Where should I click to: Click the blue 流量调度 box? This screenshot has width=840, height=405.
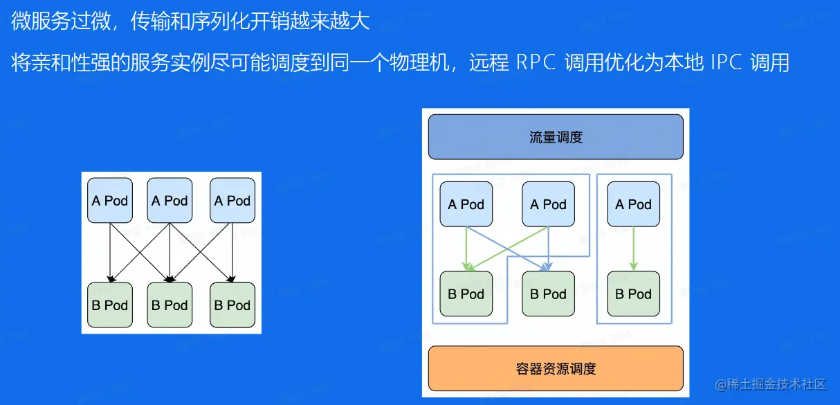(x=556, y=137)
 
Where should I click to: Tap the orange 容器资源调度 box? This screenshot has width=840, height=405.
(x=556, y=368)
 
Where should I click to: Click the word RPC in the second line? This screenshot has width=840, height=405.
(x=536, y=62)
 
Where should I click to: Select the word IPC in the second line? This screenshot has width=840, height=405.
(x=727, y=62)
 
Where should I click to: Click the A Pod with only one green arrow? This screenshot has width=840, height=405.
(x=633, y=204)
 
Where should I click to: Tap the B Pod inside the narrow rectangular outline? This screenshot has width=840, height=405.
(x=633, y=294)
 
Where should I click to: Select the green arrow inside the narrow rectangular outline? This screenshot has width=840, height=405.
(x=633, y=249)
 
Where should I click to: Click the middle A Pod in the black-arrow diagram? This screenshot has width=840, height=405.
(x=170, y=201)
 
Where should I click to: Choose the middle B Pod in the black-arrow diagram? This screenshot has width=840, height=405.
(x=170, y=305)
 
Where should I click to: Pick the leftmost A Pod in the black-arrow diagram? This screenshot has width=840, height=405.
(x=110, y=201)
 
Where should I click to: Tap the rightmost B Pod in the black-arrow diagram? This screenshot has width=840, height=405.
(x=232, y=305)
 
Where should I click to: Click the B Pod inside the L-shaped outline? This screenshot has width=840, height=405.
(x=466, y=294)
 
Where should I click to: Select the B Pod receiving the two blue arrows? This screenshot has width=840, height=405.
(x=548, y=294)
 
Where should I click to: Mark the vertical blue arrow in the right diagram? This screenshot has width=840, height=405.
(x=548, y=249)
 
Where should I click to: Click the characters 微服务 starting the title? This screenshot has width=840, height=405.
(x=41, y=21)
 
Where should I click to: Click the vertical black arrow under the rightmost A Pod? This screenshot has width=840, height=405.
(x=232, y=252)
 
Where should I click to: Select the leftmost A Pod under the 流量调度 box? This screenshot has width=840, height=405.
(x=466, y=204)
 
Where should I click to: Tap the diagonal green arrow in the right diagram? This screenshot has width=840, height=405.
(x=508, y=249)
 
